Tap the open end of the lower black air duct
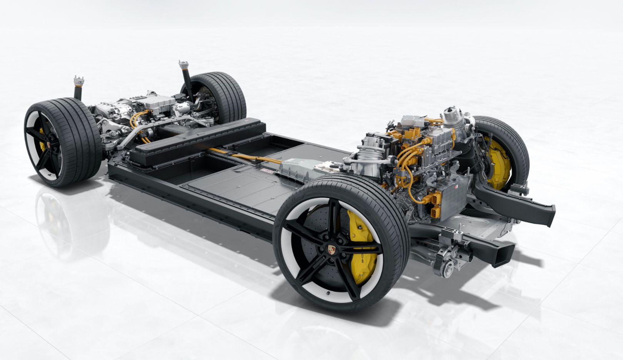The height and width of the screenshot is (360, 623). (504, 257)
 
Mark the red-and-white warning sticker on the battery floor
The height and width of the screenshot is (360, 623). (267, 170)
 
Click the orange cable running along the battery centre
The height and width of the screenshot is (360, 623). (246, 156)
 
